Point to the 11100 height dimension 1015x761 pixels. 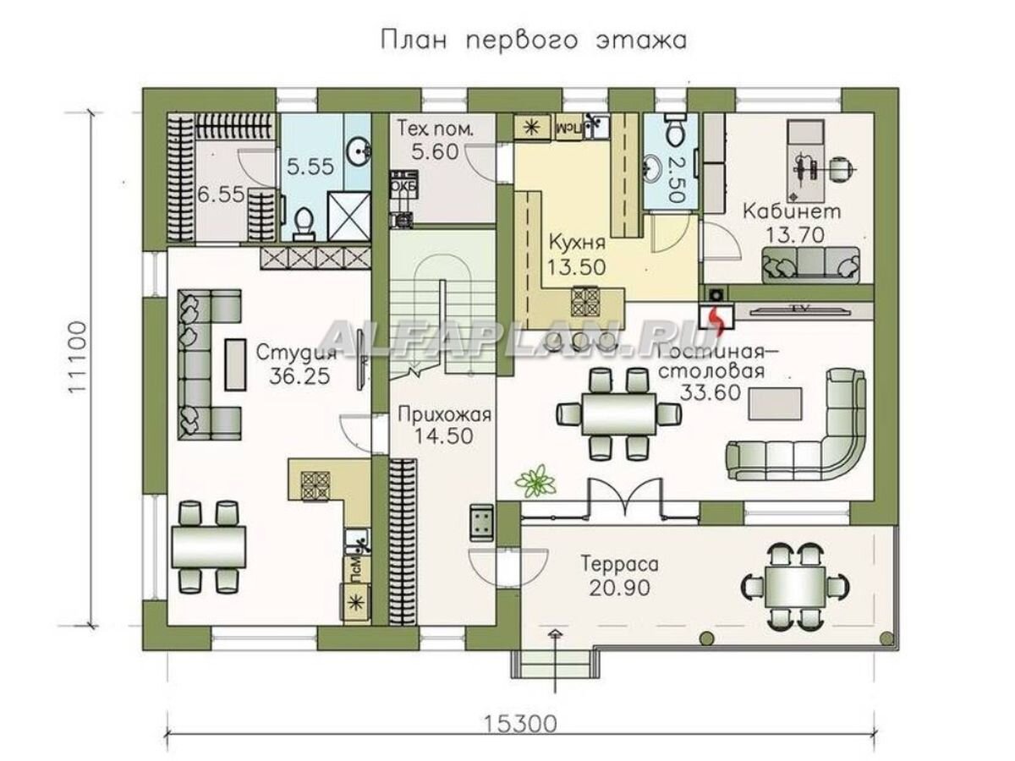tap(80, 355)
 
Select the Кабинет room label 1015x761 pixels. tap(791, 211)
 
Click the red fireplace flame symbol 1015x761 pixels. tap(716, 318)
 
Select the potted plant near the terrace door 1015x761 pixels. tap(536, 479)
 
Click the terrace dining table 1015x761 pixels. tap(795, 583)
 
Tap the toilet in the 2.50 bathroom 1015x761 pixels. tap(674, 131)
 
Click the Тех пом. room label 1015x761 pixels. tap(435, 130)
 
